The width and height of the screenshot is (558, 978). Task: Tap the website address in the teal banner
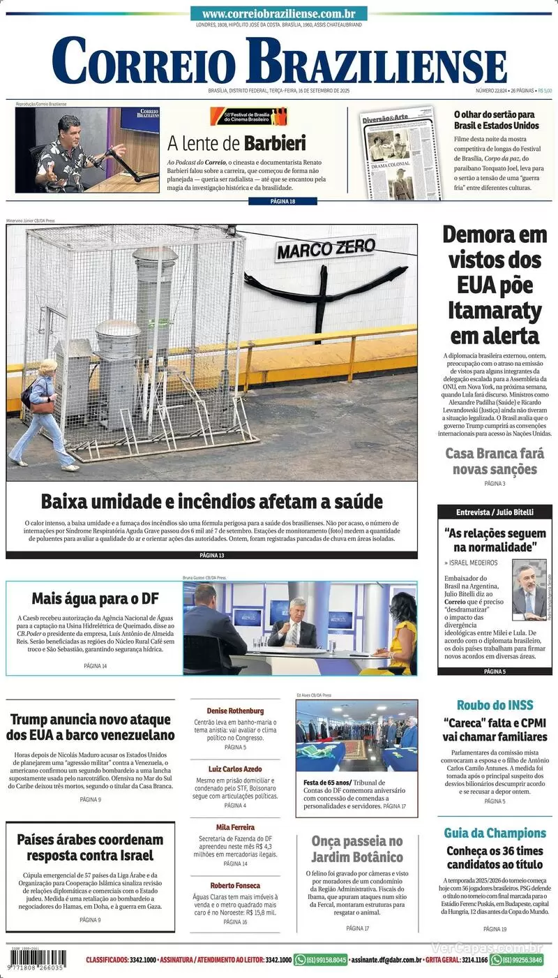coord(279,14)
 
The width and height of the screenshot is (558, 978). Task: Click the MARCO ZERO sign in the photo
coord(325,248)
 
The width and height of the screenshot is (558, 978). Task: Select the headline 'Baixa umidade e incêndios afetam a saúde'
coord(212,501)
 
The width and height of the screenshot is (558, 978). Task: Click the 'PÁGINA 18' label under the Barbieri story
coord(282,202)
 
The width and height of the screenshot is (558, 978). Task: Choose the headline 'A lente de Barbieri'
coord(236,143)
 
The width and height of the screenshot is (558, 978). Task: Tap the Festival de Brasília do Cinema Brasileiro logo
coord(248,115)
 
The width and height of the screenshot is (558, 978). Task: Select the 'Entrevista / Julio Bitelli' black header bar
coord(495,512)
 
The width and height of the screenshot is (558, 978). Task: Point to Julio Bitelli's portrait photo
coord(529,590)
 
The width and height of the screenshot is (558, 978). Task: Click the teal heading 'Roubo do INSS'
coord(495,705)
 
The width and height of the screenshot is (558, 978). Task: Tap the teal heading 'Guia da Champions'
coord(495,833)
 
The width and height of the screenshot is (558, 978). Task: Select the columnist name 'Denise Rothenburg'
coord(235,711)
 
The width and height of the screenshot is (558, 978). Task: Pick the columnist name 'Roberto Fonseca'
coord(235,886)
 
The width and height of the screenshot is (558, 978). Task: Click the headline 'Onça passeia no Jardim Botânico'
coord(357,849)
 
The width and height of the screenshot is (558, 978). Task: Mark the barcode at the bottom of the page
coord(38,958)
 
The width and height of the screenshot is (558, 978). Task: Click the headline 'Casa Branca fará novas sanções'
coord(495,461)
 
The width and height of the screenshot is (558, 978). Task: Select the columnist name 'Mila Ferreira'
coord(235,827)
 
